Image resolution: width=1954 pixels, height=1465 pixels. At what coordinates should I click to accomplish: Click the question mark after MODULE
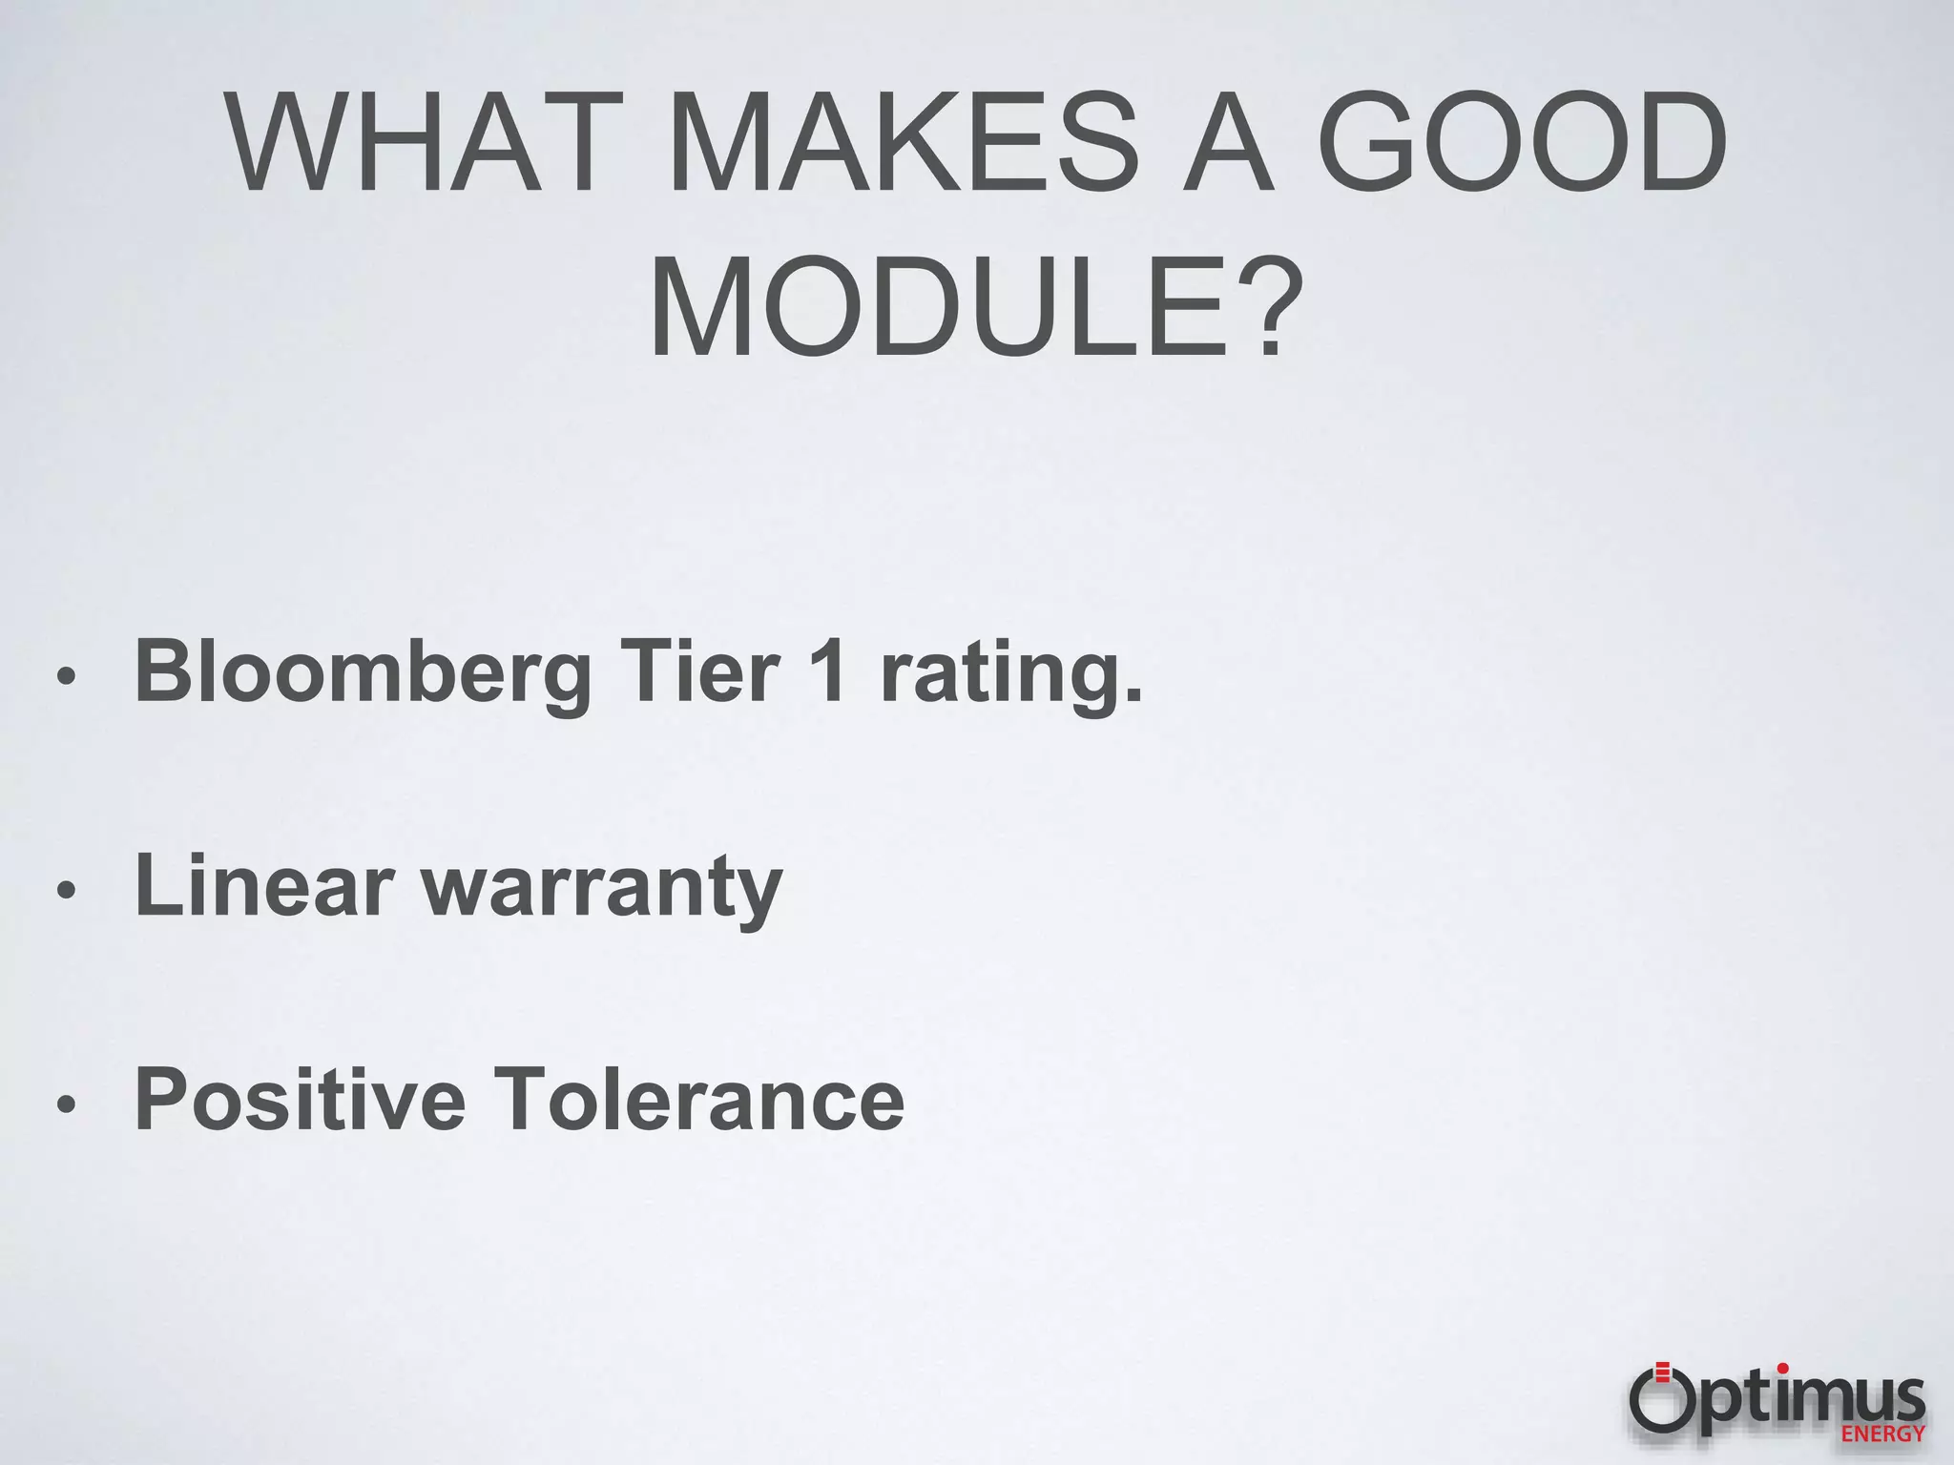[x=1266, y=304]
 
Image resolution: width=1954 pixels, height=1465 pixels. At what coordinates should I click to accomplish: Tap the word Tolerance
[x=701, y=1099]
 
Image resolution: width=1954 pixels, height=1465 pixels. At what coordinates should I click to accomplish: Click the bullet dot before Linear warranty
[x=65, y=891]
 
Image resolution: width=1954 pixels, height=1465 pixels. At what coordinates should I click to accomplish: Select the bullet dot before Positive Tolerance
[x=65, y=1104]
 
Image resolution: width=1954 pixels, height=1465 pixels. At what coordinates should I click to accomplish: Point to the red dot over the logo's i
[x=1782, y=1369]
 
